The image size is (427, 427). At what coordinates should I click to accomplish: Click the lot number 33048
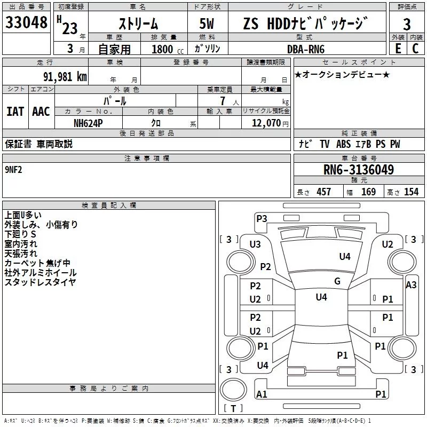point(26,23)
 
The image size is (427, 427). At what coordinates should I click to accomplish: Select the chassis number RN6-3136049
point(359,170)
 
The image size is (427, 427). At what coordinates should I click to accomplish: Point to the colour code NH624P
point(89,123)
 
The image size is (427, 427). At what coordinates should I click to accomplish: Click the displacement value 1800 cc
point(167,49)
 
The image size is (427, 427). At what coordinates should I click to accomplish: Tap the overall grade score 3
point(407,24)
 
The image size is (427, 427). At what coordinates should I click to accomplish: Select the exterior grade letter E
point(398,49)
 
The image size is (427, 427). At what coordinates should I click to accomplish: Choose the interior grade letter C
point(415,49)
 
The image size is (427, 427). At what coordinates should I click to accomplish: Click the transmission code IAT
point(15,112)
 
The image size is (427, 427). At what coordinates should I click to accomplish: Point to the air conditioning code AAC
point(41,112)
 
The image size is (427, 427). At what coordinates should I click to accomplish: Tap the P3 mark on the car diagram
point(262,218)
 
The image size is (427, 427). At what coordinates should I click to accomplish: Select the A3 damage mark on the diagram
point(411,285)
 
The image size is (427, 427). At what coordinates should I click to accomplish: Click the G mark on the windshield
point(337,281)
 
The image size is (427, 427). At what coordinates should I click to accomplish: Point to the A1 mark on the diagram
point(262,394)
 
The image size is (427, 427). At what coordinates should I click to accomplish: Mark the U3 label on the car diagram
point(255,244)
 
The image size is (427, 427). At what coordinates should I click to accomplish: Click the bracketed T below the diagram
point(233,409)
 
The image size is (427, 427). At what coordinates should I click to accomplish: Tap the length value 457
point(323,192)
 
